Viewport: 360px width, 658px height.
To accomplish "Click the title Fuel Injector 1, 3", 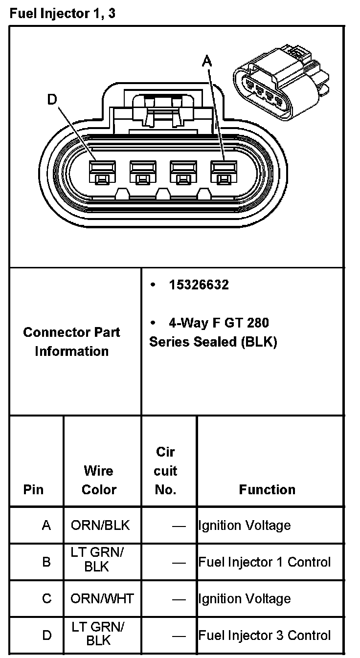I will pyautogui.click(x=63, y=14).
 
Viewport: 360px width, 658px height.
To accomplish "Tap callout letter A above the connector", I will pyautogui.click(x=208, y=61).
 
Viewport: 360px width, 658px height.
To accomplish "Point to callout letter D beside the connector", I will pyautogui.click(x=52, y=100).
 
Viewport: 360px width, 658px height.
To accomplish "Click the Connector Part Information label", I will pyautogui.click(x=72, y=341).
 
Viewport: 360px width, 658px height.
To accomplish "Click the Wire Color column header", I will pyautogui.click(x=99, y=480).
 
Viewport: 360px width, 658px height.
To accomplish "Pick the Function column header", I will pyautogui.click(x=267, y=489).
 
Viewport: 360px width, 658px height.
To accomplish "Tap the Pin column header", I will pyautogui.click(x=33, y=489).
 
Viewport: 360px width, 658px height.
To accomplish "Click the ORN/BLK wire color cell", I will pyautogui.click(x=100, y=526).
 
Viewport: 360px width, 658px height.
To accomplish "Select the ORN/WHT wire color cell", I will pyautogui.click(x=102, y=599).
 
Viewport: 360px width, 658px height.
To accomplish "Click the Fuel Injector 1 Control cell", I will pyautogui.click(x=264, y=562).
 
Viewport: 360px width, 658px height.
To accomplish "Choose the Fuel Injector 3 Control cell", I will pyautogui.click(x=264, y=636).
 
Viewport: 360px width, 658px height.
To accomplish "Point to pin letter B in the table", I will pyautogui.click(x=46, y=562).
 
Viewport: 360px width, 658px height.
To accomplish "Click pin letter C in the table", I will pyautogui.click(x=46, y=599).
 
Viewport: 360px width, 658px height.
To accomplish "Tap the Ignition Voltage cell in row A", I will pyautogui.click(x=244, y=526).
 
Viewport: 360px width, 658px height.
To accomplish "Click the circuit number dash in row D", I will pyautogui.click(x=179, y=636).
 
